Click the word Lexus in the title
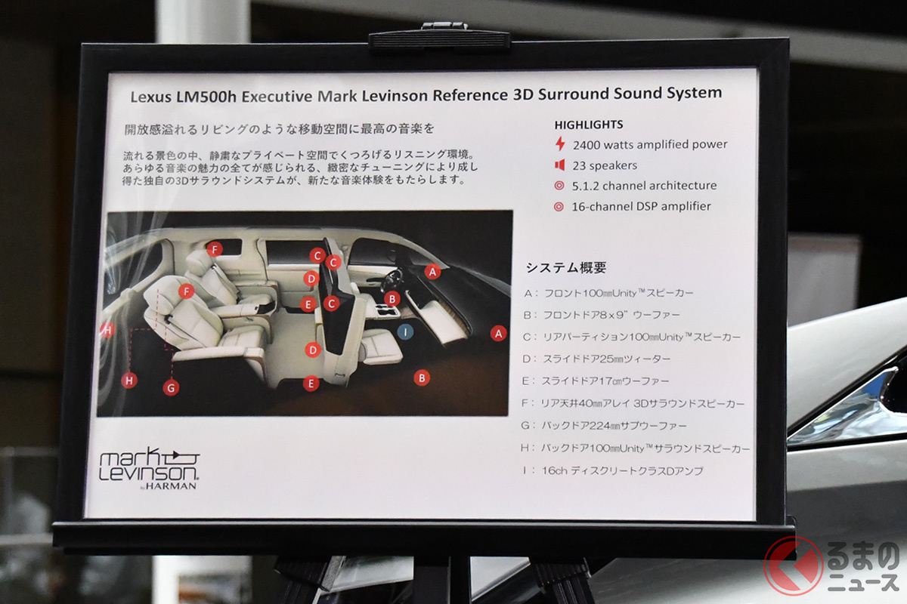click(x=153, y=97)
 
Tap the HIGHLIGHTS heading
click(x=589, y=125)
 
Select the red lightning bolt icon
click(x=560, y=143)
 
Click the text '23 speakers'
click(x=605, y=165)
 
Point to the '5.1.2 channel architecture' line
click(x=644, y=186)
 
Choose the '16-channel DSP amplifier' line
click(x=641, y=206)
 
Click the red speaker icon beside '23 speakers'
click(x=560, y=165)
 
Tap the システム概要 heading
click(x=565, y=267)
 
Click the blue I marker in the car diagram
click(x=406, y=331)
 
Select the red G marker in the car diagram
click(x=172, y=387)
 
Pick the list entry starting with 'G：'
click(x=614, y=426)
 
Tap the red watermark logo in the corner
click(x=794, y=566)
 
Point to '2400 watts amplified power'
click(x=649, y=144)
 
